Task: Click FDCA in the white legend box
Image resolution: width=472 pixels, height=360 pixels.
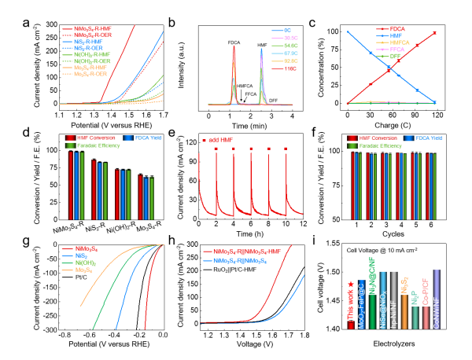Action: tap(397, 29)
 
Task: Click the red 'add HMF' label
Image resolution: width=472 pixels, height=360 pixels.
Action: tap(219, 140)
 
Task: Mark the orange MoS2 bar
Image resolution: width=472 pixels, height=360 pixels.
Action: tap(404, 313)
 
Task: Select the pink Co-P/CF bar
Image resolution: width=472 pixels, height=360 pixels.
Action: tap(426, 315)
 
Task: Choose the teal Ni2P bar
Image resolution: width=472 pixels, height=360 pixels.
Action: tap(415, 314)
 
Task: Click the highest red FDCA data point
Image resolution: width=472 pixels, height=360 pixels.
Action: tap(435, 33)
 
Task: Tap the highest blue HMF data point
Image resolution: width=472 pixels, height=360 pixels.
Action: tap(348, 33)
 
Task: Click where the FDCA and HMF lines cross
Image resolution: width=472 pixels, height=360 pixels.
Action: tap(392, 68)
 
